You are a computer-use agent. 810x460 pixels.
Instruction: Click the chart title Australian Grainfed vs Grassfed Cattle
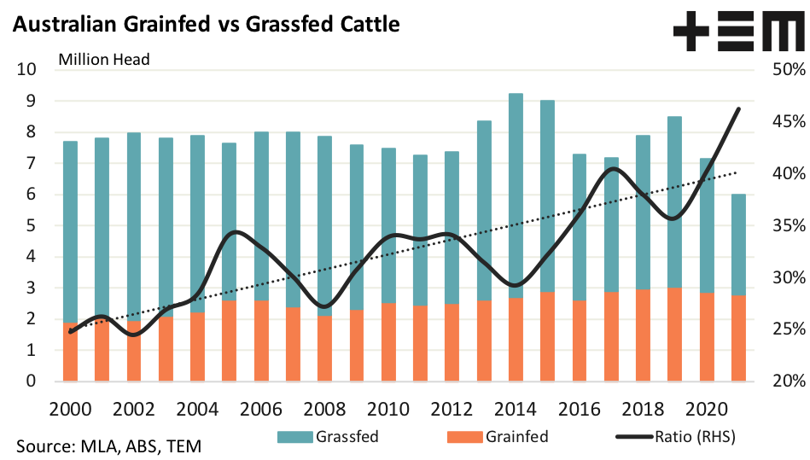click(205, 25)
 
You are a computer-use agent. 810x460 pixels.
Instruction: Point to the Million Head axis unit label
click(103, 60)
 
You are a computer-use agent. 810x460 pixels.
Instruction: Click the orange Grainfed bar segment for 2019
click(674, 335)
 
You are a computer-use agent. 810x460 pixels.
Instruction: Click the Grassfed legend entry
click(329, 437)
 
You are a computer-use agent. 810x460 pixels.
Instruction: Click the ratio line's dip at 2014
click(516, 285)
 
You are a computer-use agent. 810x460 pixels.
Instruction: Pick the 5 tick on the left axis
click(30, 226)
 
